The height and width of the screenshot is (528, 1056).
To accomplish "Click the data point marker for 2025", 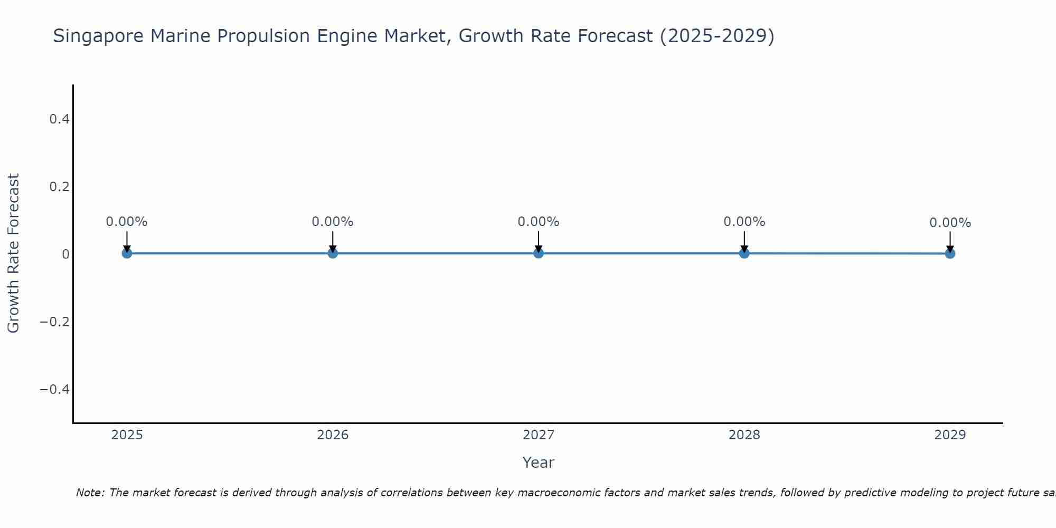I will click(127, 253).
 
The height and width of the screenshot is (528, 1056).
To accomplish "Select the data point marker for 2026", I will click(333, 253).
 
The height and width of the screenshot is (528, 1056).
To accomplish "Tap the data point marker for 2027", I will click(539, 253).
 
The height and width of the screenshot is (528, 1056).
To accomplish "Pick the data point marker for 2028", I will click(744, 253).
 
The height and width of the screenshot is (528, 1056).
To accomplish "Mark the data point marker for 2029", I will click(950, 253).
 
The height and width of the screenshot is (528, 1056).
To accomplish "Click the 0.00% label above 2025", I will click(127, 222).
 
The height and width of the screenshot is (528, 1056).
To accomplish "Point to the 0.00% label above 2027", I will click(539, 222).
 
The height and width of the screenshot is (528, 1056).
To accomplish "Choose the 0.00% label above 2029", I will click(950, 223).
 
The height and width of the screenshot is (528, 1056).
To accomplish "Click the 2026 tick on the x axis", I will click(333, 435).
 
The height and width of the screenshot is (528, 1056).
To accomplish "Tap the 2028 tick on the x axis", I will click(744, 435).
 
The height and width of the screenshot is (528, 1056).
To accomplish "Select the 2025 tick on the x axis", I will click(127, 435).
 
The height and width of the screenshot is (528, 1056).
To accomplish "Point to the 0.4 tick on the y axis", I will click(59, 119).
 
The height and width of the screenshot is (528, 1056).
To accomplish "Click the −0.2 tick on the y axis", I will click(55, 322).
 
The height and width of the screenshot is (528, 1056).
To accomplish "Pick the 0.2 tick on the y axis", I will click(59, 187).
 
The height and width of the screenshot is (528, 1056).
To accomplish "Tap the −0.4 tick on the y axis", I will click(55, 390).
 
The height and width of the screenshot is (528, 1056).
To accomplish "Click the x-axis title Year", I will click(538, 463).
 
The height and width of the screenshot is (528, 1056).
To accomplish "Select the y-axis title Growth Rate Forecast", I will click(13, 253).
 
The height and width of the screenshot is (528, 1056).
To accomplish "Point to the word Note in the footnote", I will click(90, 493).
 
